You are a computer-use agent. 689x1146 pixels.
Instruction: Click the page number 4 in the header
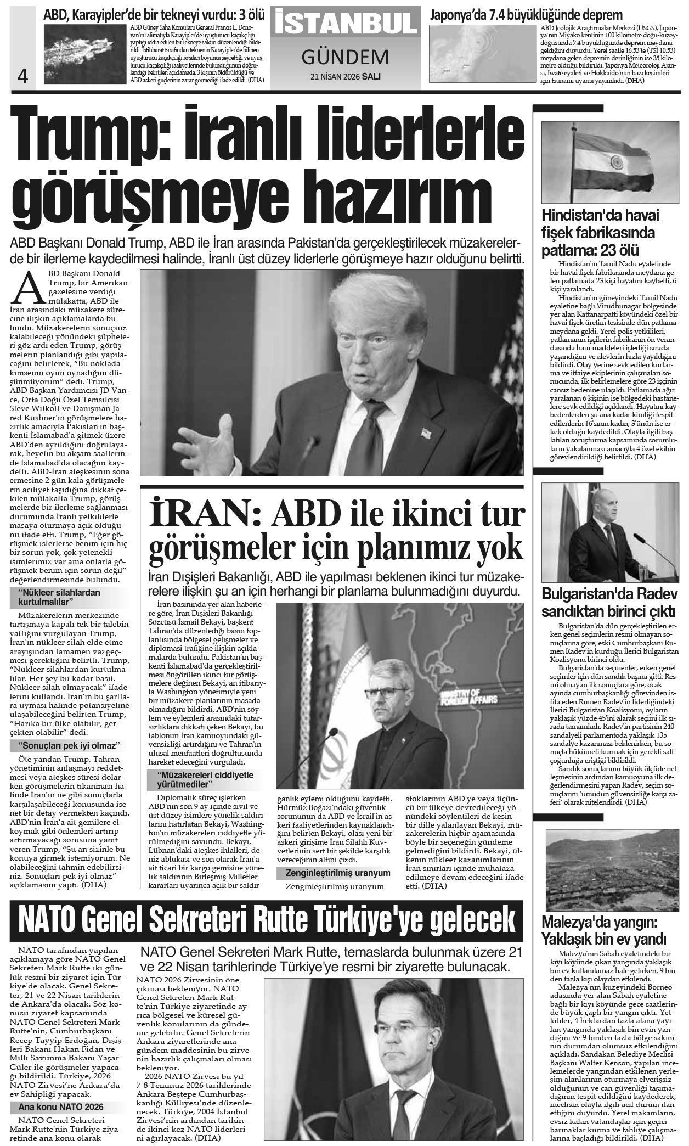(22, 75)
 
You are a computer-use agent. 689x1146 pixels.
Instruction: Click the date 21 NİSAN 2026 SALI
(345, 76)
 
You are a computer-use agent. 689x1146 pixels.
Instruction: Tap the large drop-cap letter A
(31, 288)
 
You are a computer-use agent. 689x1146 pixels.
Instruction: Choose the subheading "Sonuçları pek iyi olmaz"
(69, 746)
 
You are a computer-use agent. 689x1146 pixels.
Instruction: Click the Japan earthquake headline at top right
(527, 15)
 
